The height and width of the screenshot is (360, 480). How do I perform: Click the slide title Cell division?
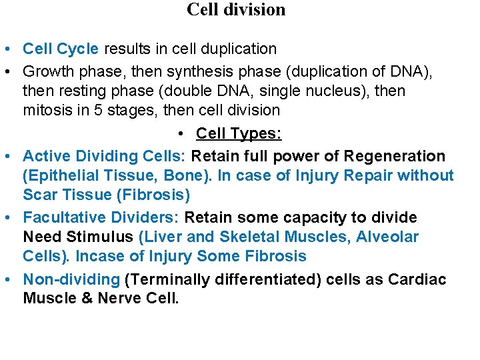point(236,10)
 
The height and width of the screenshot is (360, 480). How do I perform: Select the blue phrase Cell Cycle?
point(61,49)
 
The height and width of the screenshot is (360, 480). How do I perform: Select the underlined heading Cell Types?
point(239,134)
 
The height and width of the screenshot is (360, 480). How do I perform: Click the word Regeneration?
point(394,157)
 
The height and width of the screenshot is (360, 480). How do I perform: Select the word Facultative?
point(61,218)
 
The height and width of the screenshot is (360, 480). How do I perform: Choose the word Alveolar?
point(387,237)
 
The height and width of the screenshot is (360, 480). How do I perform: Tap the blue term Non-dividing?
point(71,279)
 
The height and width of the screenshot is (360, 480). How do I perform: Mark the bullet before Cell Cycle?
point(5,50)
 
